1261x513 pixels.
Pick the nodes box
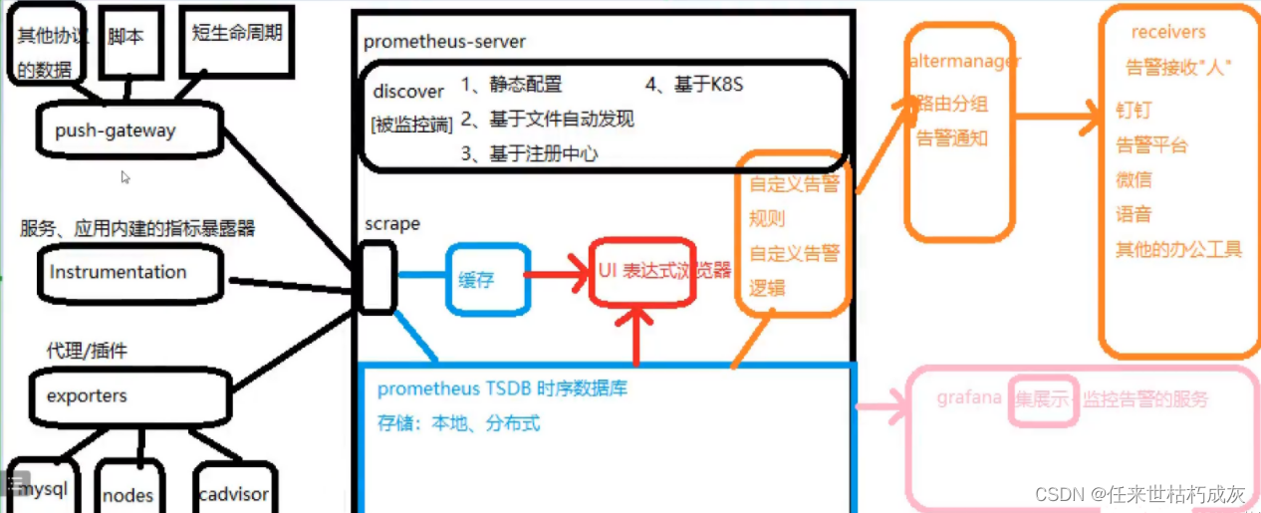click(x=128, y=493)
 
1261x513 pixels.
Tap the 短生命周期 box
click(x=236, y=38)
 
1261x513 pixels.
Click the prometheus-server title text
click(x=444, y=42)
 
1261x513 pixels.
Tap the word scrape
click(x=392, y=224)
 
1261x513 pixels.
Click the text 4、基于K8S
click(x=693, y=85)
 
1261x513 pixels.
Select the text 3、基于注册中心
click(x=529, y=152)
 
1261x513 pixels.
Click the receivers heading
click(x=1168, y=33)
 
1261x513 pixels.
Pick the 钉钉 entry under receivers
click(x=1134, y=111)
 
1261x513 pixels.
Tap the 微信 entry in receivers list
click(x=1134, y=179)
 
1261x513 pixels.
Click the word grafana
click(x=968, y=398)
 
